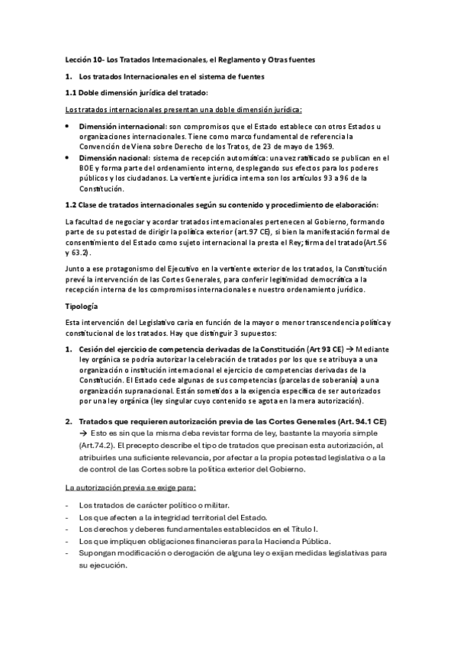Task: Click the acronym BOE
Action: [86, 168]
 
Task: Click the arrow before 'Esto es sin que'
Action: [82, 432]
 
